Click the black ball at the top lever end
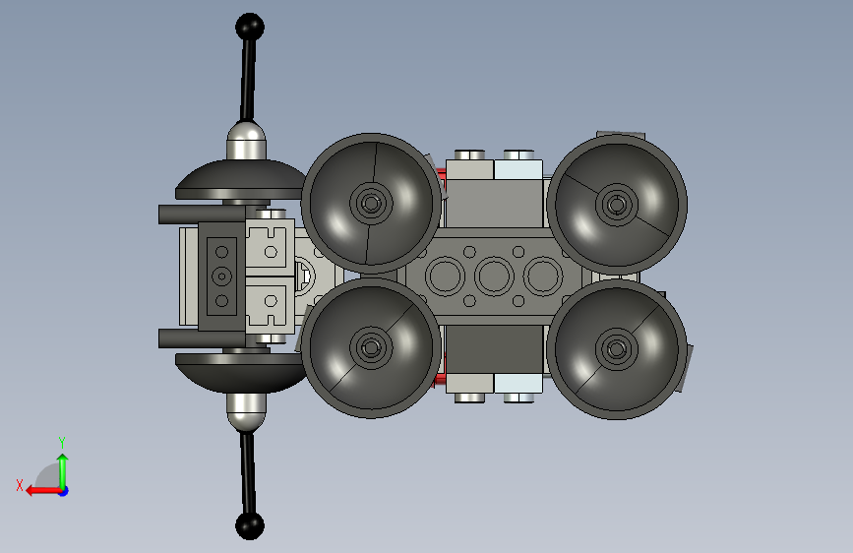[x=250, y=27]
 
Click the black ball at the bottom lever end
[x=250, y=525]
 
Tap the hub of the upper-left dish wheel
[x=372, y=204]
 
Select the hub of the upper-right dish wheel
[x=617, y=205]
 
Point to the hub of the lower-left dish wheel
[x=372, y=347]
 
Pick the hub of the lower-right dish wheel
[x=617, y=348]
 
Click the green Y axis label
[x=62, y=443]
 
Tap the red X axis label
[x=20, y=485]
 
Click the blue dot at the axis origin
[x=64, y=491]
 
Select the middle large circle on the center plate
[x=494, y=276]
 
